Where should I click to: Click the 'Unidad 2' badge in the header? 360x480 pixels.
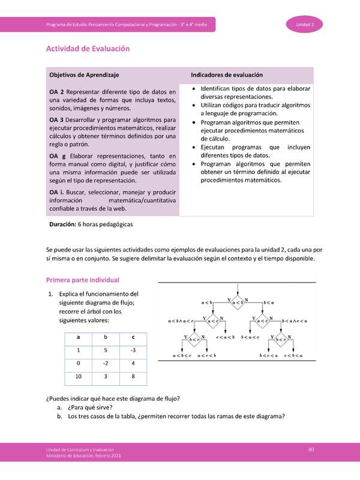[309, 24]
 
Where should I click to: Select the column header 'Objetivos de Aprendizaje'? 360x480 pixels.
[84, 75]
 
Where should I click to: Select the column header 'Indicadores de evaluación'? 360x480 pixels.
[227, 75]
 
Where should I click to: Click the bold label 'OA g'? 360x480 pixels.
[57, 156]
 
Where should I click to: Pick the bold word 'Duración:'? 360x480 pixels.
[62, 224]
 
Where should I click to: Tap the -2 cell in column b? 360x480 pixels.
[106, 363]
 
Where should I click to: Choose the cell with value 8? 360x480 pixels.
[132, 377]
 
